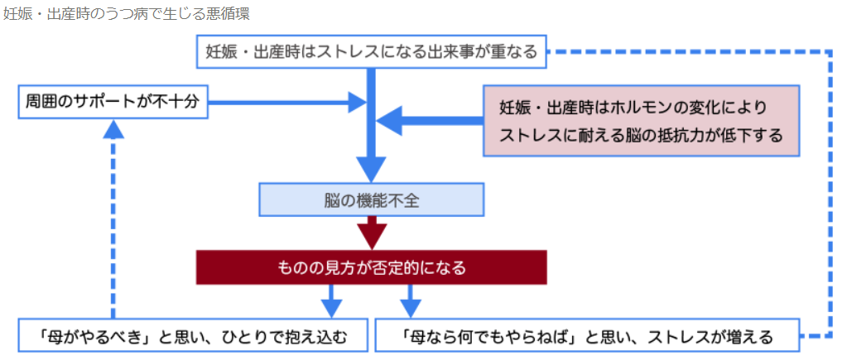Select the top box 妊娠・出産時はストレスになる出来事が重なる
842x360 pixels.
pyautogui.click(x=372, y=52)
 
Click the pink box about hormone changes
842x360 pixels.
pyautogui.click(x=641, y=120)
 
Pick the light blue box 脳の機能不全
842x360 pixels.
pyautogui.click(x=372, y=199)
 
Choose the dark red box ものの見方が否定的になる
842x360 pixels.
pyautogui.click(x=371, y=268)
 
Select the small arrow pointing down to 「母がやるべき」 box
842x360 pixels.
pyautogui.click(x=331, y=305)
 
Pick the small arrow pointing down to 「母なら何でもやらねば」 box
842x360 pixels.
pyautogui.click(x=411, y=305)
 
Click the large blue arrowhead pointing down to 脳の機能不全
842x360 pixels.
pyautogui.click(x=372, y=169)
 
